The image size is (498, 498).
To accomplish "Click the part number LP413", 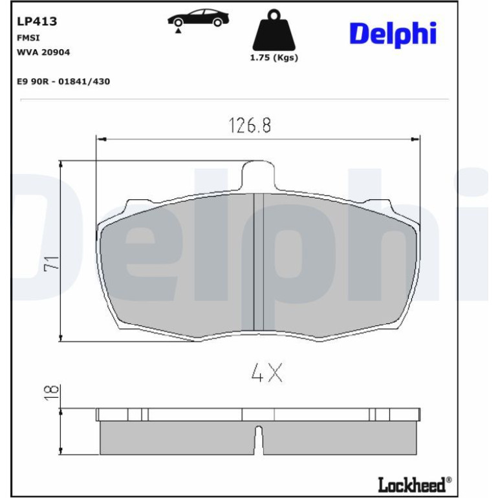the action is pos(37,21).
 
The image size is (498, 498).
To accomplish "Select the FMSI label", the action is pos(28,38).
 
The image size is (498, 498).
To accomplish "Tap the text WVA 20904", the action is pos(43,52).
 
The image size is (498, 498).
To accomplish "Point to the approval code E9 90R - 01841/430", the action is pos(63,81).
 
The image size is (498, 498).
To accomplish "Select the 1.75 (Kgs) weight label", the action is pos(274,58).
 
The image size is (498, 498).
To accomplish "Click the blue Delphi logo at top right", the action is pos(393,34).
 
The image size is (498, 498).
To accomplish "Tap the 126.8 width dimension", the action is pos(250,125).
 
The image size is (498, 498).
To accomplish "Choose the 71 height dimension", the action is pos(52,263).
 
